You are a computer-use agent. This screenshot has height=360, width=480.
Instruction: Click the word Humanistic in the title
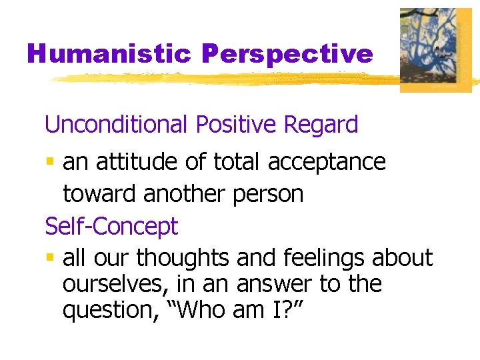click(109, 54)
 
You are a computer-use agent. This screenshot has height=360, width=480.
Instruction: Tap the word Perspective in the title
click(287, 54)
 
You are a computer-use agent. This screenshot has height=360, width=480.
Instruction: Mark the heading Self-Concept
click(111, 226)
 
